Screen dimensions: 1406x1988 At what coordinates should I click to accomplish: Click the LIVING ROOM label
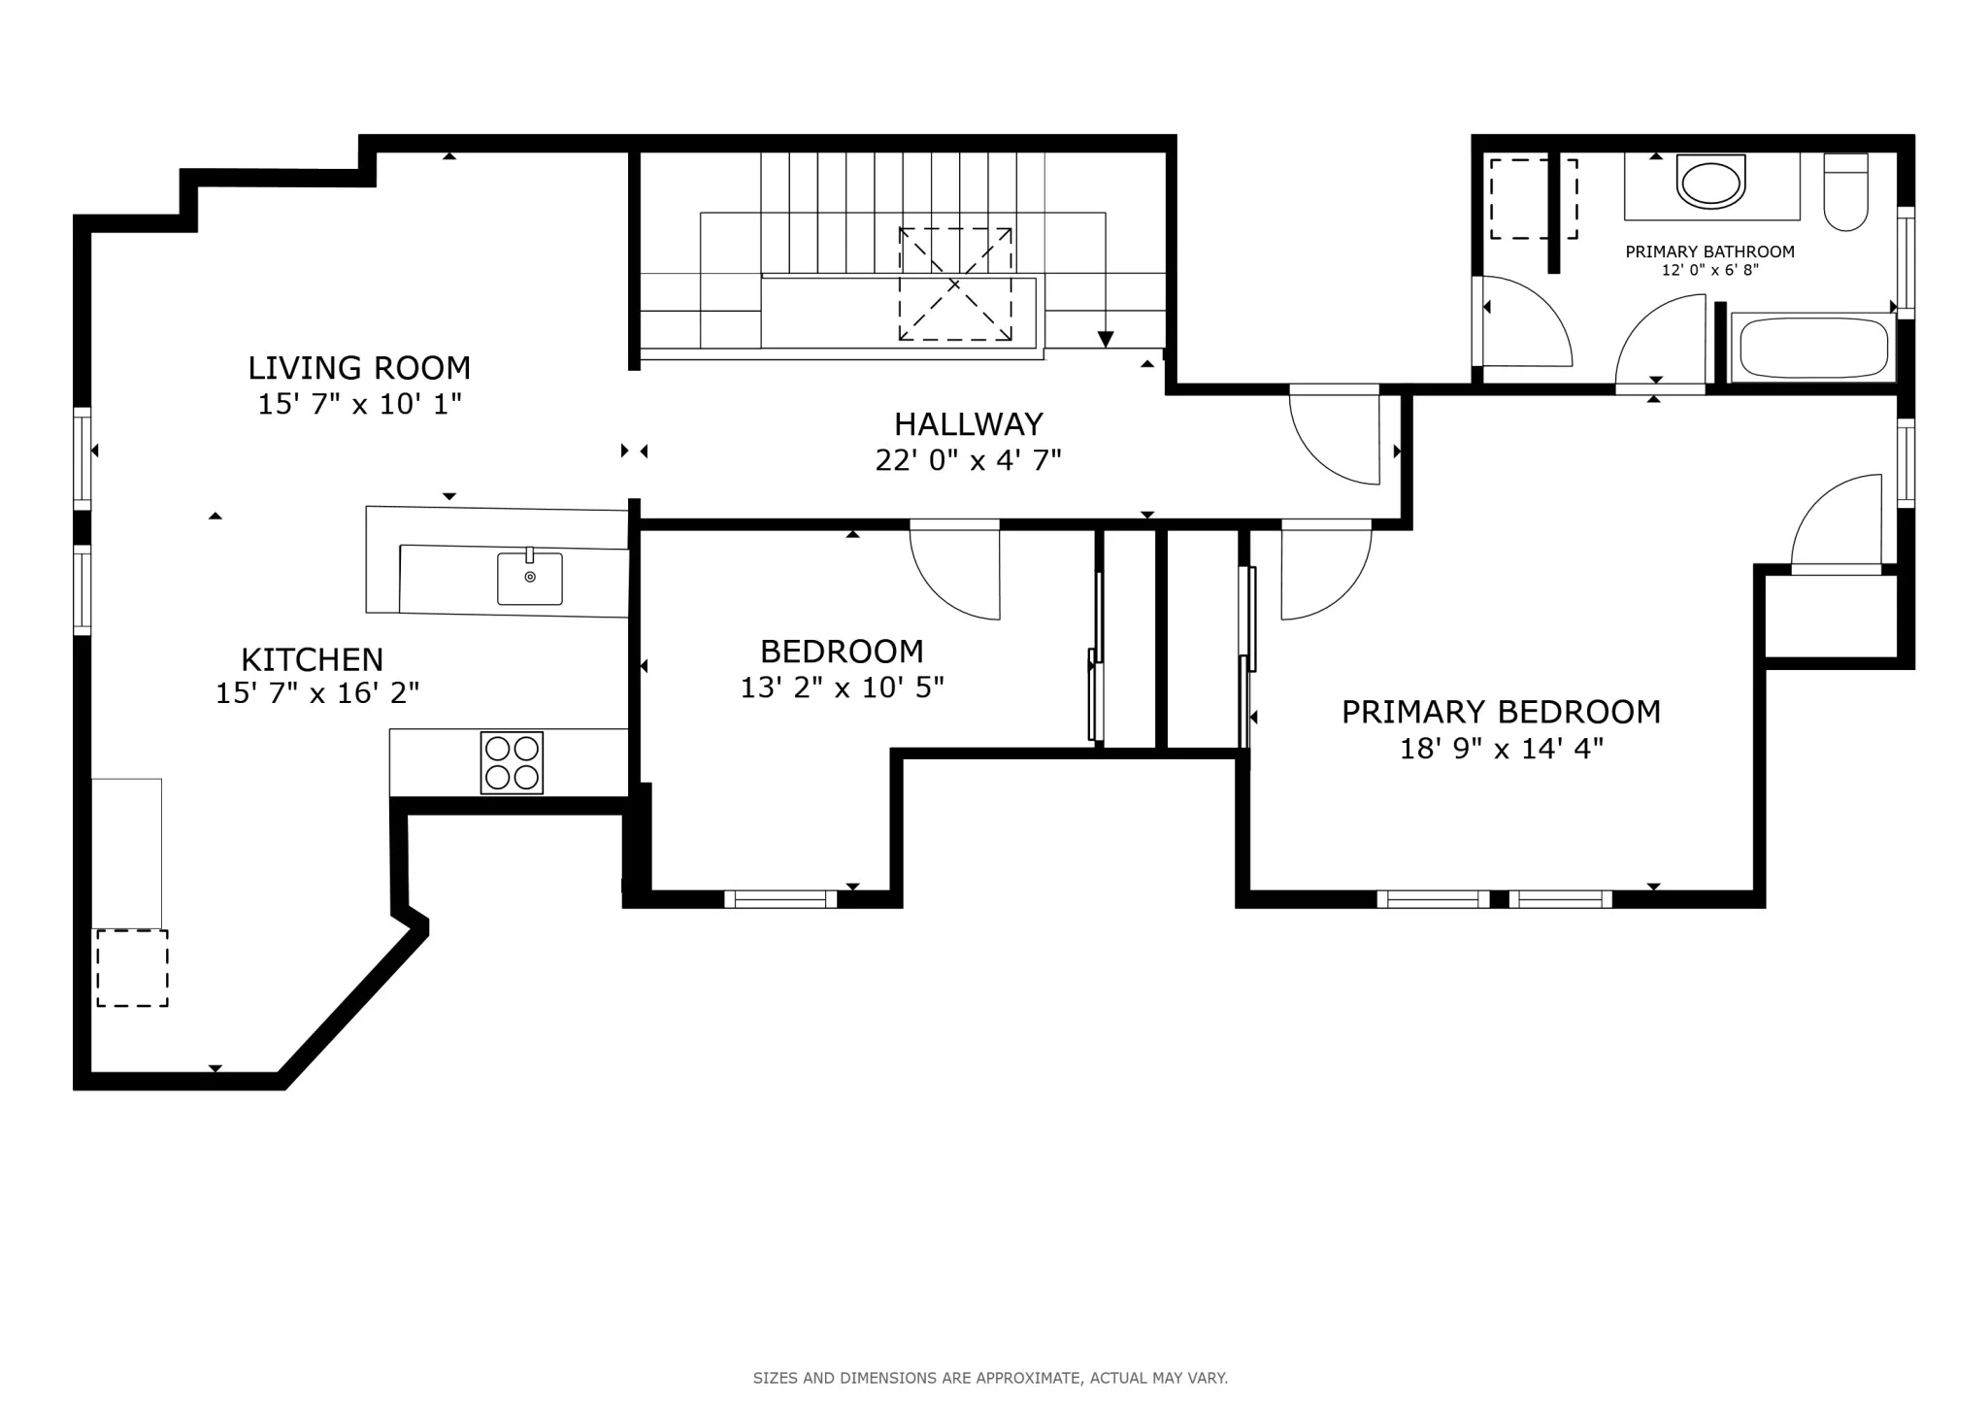tap(359, 368)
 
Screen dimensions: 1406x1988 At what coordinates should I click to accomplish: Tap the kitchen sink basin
tap(529, 579)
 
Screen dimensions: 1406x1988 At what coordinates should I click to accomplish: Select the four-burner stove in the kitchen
tap(512, 762)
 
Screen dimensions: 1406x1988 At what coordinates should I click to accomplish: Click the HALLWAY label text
tap(968, 424)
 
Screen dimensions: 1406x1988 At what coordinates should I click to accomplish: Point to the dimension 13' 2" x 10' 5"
tap(842, 687)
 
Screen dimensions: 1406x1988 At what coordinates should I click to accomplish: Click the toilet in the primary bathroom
tap(1845, 193)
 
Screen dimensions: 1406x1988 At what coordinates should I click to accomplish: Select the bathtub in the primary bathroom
tap(1812, 348)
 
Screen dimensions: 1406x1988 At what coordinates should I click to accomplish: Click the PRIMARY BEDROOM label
tap(1501, 712)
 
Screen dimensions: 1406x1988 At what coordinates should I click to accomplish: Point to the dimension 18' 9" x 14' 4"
tap(1501, 749)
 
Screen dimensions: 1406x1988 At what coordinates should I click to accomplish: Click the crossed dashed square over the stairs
tap(955, 284)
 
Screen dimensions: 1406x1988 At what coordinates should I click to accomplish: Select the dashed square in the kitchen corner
tap(132, 967)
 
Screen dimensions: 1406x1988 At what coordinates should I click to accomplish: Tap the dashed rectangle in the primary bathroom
tap(1533, 199)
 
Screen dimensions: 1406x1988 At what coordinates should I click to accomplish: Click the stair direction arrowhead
tap(1106, 339)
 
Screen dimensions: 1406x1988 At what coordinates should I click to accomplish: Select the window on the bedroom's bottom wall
tap(780, 899)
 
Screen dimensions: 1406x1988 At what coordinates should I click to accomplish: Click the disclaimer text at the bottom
tap(990, 1378)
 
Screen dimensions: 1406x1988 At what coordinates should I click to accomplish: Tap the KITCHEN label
tap(312, 660)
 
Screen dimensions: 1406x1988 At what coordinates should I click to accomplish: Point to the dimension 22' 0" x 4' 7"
tap(968, 460)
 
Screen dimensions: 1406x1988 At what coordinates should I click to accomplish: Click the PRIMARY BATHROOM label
tap(1709, 251)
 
